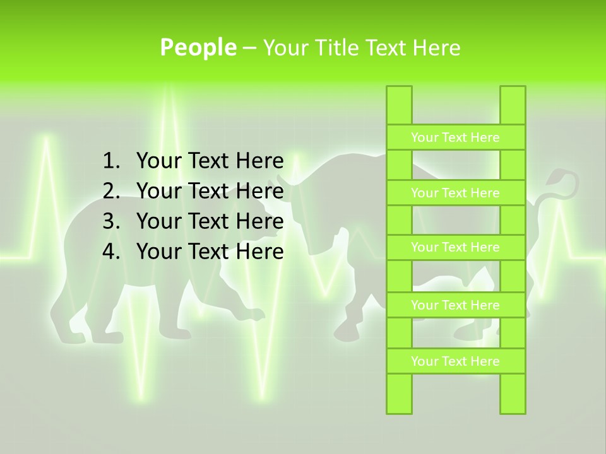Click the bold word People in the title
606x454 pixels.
click(x=198, y=47)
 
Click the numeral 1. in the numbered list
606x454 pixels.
click(x=111, y=161)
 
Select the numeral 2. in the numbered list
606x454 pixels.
click(x=111, y=192)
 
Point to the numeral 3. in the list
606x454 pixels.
click(x=111, y=222)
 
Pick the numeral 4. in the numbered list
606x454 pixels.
click(x=111, y=252)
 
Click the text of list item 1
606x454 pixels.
click(x=210, y=161)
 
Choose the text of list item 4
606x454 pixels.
click(x=210, y=252)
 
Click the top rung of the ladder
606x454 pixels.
click(x=455, y=137)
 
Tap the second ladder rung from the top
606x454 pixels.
click(x=455, y=193)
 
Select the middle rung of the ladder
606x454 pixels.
click(x=455, y=247)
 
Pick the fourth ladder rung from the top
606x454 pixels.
click(x=455, y=305)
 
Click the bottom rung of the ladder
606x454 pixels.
click(x=455, y=361)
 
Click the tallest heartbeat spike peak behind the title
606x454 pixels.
click(x=169, y=88)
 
